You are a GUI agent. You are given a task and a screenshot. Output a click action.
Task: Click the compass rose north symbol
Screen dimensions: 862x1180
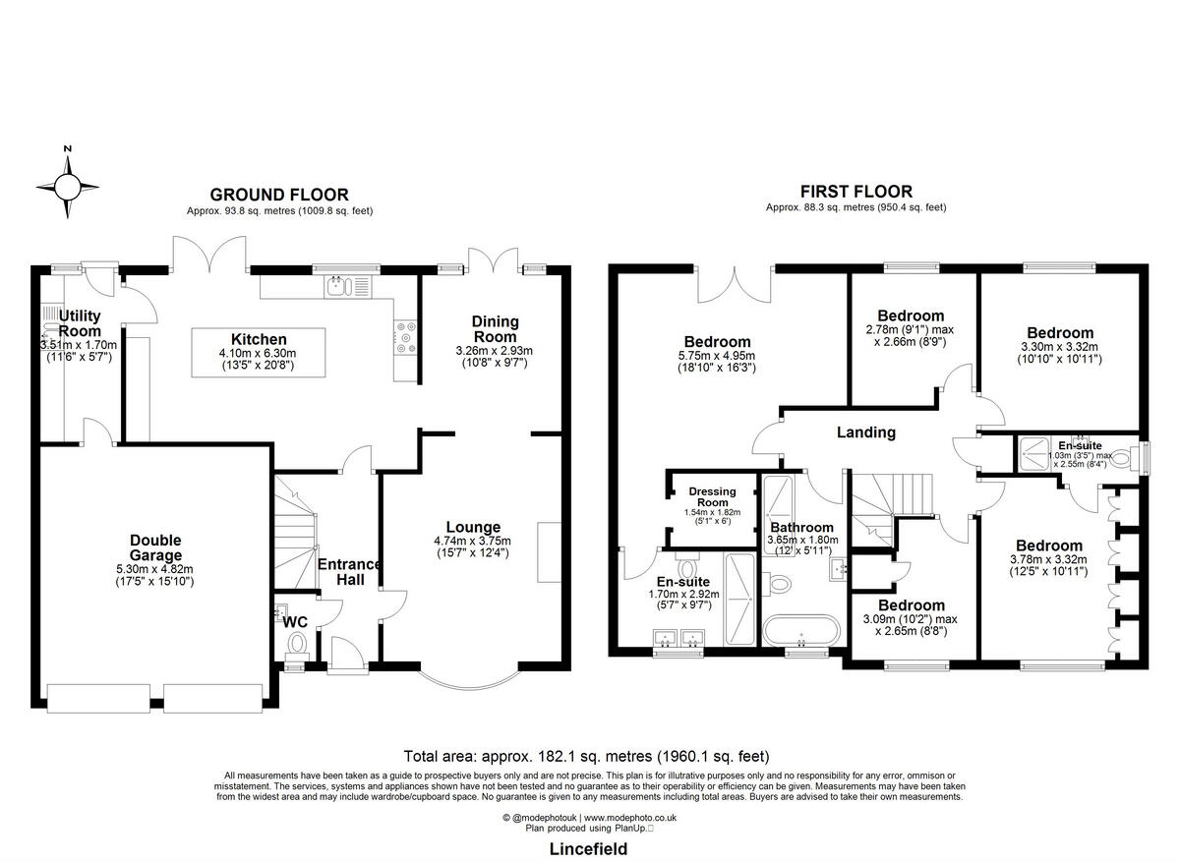point(68,184)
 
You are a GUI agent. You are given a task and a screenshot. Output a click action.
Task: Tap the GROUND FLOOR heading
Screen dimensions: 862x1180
point(279,195)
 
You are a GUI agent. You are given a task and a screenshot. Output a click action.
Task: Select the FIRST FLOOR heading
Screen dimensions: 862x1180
point(856,192)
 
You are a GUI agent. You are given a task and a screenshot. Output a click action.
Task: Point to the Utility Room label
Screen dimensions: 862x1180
point(80,322)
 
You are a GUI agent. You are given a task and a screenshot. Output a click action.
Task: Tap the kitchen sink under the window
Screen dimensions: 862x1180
point(338,286)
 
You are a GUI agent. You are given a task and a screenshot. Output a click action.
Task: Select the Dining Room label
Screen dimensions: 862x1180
point(495,328)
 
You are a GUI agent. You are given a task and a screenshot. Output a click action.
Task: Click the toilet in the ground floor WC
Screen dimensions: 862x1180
point(298,644)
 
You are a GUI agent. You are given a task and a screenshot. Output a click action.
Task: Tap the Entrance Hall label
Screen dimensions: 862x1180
point(349,572)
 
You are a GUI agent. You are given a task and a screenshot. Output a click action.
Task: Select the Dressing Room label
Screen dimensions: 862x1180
point(712,496)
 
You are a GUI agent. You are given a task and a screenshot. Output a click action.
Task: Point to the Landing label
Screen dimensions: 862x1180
point(865,432)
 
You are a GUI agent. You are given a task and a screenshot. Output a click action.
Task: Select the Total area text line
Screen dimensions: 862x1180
point(586,756)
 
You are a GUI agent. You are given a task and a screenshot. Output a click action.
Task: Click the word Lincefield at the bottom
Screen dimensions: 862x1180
point(587,848)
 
